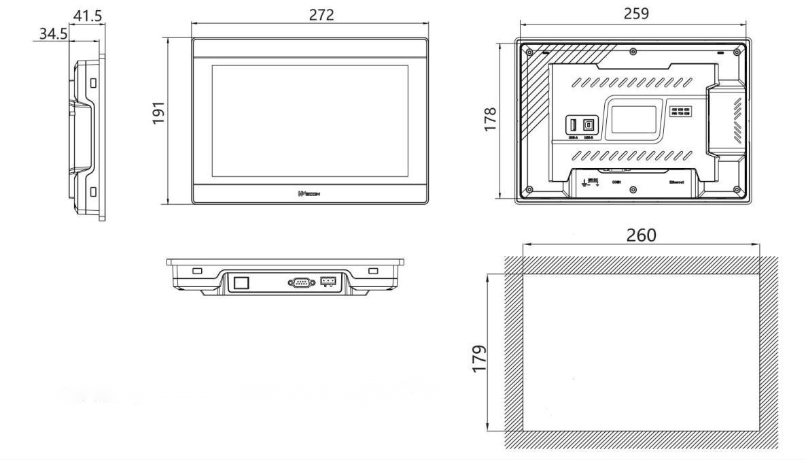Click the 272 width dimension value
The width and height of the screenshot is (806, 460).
click(x=321, y=14)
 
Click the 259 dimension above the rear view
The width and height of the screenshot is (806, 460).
click(x=635, y=14)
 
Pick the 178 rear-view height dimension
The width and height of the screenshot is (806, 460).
click(x=491, y=120)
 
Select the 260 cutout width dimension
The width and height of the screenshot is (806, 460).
click(x=641, y=235)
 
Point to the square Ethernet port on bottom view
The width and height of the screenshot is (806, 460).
click(x=241, y=282)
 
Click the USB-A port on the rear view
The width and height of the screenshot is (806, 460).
click(x=573, y=126)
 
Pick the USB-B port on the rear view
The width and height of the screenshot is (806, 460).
click(x=589, y=126)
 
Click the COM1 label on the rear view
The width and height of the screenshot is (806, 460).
click(x=617, y=182)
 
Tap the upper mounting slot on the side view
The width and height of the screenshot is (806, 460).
click(x=93, y=82)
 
